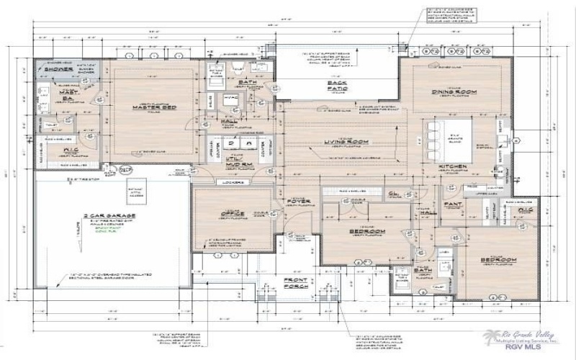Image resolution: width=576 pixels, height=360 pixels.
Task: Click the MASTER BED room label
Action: click(150, 108)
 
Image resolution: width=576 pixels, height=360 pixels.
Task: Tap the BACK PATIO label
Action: click(337, 87)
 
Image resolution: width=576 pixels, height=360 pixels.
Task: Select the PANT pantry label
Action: click(454, 205)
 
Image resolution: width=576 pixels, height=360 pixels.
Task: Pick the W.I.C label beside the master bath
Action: click(70, 150)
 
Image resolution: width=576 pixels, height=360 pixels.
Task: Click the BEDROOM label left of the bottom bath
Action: click(367, 231)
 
